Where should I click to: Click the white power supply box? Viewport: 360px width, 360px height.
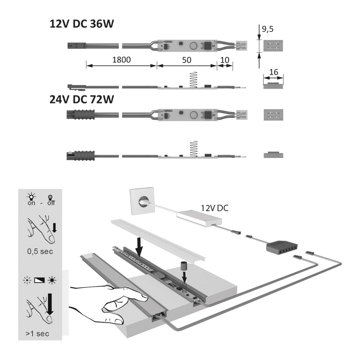(201, 221)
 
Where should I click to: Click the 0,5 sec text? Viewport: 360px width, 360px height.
(40, 251)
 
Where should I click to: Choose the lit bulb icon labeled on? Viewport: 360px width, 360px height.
(31, 197)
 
